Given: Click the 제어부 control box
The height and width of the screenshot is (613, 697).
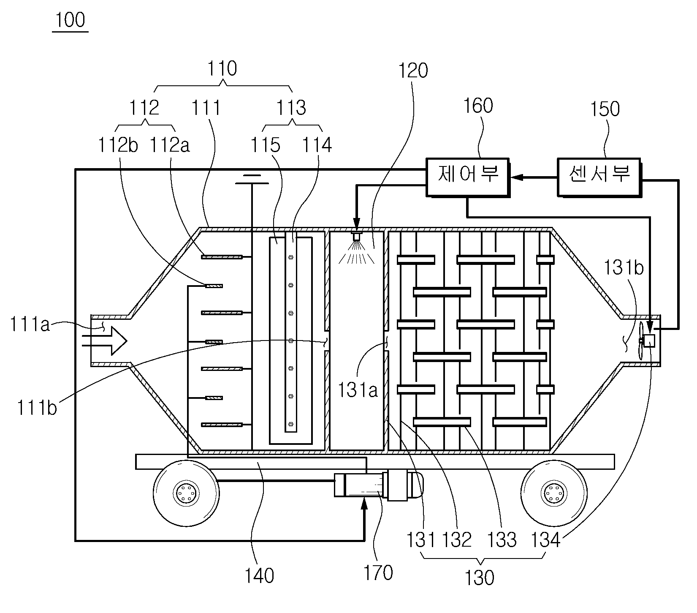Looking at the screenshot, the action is tap(467, 177).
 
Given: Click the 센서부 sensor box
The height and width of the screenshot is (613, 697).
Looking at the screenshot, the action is tap(599, 177).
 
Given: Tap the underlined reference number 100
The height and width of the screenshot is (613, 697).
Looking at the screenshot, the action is tap(70, 20).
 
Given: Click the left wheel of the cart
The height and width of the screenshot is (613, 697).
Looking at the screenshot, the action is tap(186, 493).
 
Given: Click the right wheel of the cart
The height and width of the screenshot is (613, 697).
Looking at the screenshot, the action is tap(554, 493).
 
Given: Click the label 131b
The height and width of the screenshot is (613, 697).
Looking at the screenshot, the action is tap(624, 268).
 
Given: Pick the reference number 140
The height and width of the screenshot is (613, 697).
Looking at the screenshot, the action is tap(260, 575).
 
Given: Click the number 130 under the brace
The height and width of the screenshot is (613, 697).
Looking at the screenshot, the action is tap(480, 578).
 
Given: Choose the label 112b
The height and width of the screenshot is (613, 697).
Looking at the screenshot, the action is tap(118, 146).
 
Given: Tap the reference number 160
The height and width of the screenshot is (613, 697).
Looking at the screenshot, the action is tap(478, 106).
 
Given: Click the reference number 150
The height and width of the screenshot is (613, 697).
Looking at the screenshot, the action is tap(605, 109).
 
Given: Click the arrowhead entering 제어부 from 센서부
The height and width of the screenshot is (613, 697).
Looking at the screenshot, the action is tap(516, 178).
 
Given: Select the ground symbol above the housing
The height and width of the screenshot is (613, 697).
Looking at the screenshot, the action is tap(252, 179).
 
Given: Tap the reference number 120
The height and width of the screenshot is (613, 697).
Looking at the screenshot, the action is tap(413, 71).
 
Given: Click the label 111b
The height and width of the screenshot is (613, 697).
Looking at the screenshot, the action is tap(37, 409).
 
